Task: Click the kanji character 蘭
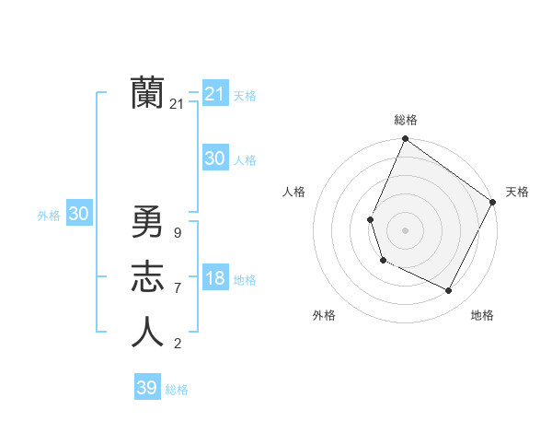click(x=147, y=93)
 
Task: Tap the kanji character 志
click(x=147, y=277)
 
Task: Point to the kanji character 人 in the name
click(x=147, y=333)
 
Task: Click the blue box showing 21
click(x=214, y=94)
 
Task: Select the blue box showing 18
click(x=214, y=279)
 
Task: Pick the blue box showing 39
click(x=146, y=388)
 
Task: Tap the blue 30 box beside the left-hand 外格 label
click(x=78, y=214)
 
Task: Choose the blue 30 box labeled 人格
click(x=214, y=158)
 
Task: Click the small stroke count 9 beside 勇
click(x=177, y=233)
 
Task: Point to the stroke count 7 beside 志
click(x=177, y=288)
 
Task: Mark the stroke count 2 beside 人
click(x=177, y=344)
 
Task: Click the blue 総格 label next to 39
click(x=177, y=390)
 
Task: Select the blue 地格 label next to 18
click(x=246, y=280)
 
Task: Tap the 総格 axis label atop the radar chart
click(x=405, y=120)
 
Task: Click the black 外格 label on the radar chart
click(x=324, y=315)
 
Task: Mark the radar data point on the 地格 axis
click(x=449, y=291)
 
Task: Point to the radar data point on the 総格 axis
click(x=405, y=139)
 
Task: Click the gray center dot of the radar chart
click(x=405, y=229)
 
